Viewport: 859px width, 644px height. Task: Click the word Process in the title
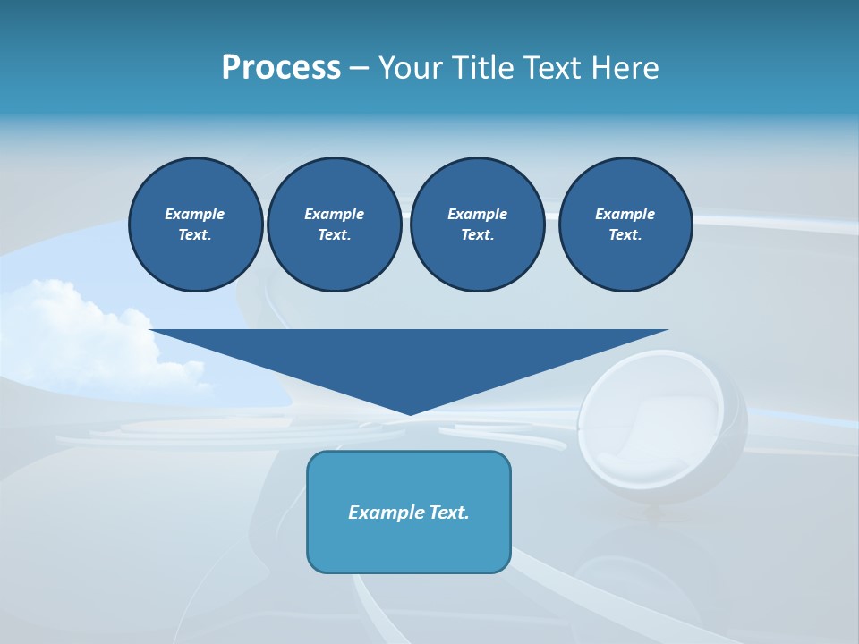pos(281,68)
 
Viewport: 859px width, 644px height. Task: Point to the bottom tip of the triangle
pos(410,413)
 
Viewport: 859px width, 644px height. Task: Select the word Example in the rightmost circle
pos(625,214)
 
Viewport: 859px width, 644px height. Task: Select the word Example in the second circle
pos(334,214)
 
